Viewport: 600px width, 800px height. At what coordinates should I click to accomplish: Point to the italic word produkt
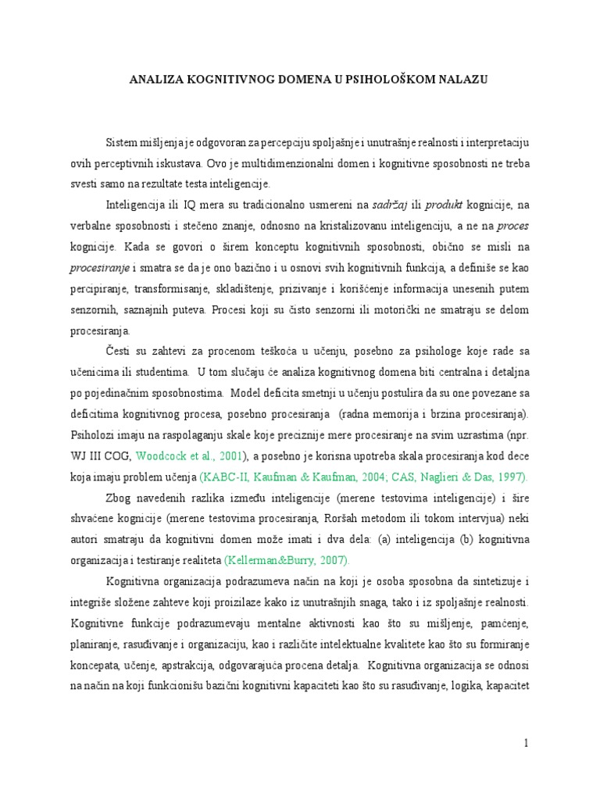(445, 205)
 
